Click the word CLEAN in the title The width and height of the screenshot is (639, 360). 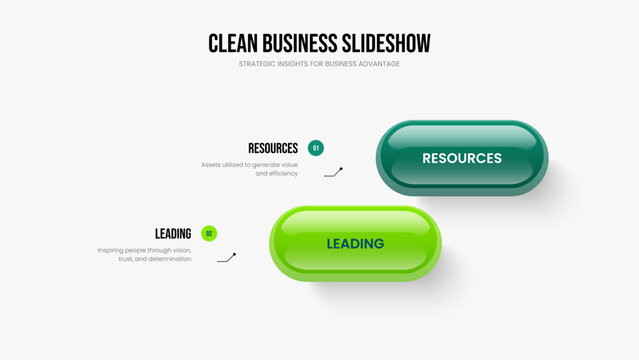[233, 43]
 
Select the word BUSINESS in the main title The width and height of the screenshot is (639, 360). [300, 43]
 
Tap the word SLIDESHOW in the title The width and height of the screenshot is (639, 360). [386, 43]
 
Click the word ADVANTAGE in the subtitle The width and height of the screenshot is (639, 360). [379, 64]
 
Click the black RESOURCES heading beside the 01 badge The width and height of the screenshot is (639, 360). [273, 148]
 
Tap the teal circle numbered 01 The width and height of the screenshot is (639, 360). [316, 148]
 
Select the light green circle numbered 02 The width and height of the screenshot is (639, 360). [209, 234]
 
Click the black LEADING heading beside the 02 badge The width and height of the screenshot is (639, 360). [173, 234]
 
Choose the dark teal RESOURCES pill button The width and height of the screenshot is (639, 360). [462, 158]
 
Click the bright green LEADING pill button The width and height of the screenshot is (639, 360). [355, 244]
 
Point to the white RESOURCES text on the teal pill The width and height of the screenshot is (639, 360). [462, 158]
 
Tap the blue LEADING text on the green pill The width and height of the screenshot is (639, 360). [355, 244]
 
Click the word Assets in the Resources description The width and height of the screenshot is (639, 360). [211, 165]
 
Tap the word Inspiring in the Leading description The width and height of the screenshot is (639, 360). [110, 251]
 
